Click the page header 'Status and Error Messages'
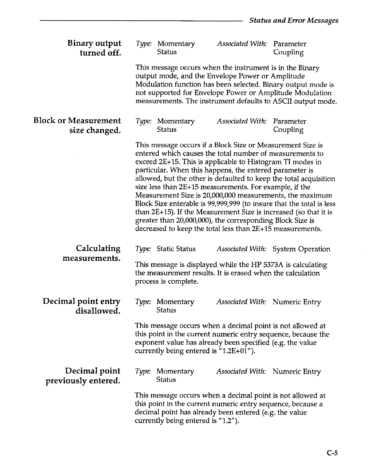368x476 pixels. tap(294, 20)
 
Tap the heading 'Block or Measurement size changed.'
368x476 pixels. tap(78, 125)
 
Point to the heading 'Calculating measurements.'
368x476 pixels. tap(92, 253)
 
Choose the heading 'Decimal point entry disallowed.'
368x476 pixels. tap(82, 306)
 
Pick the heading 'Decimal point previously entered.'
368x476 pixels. tap(83, 376)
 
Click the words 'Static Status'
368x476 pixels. tap(176, 249)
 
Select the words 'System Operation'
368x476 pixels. tap(301, 249)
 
